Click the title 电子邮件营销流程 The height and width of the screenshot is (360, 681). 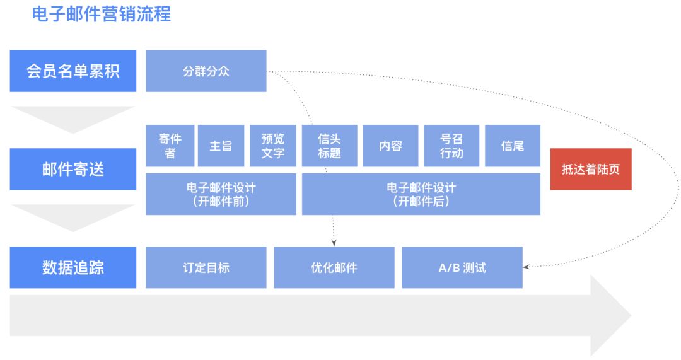point(101,13)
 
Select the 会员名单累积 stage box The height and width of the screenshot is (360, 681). point(73,71)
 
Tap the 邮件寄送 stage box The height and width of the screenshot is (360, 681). point(73,169)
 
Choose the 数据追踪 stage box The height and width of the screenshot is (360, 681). point(73,267)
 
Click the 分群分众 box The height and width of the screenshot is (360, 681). point(206,71)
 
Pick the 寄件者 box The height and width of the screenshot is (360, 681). point(170,146)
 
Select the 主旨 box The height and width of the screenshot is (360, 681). point(221,146)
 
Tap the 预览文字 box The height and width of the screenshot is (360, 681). point(272,146)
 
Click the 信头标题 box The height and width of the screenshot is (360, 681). point(329,146)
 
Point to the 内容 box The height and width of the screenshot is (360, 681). point(390,146)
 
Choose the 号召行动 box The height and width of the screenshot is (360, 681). point(451,146)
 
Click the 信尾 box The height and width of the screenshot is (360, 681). point(512,146)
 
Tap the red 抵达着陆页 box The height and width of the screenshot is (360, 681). point(591,169)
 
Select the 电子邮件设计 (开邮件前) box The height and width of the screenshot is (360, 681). point(221,194)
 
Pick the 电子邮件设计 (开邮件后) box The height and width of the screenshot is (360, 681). point(421,194)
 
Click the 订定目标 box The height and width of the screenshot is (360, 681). point(206,267)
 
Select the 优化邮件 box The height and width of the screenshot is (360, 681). point(334,267)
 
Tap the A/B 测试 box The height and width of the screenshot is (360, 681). point(462,267)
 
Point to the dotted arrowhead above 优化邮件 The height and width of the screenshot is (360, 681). point(334,242)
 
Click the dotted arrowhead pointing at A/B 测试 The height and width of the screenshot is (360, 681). point(527,267)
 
